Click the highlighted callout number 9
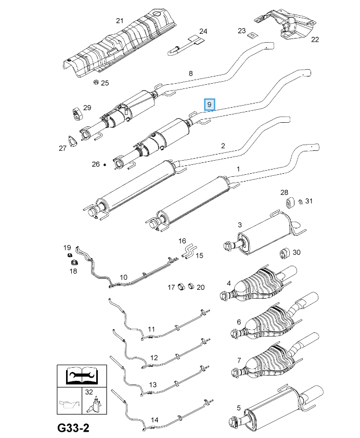[209, 105]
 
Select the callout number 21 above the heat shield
[120, 21]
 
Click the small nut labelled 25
[96, 82]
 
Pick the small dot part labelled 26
[105, 164]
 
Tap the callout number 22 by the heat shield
[315, 39]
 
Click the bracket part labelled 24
[186, 45]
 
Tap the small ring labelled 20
[191, 287]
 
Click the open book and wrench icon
[82, 375]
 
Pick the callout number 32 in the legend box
[88, 392]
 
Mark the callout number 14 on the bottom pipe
[155, 419]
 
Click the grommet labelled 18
[73, 261]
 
